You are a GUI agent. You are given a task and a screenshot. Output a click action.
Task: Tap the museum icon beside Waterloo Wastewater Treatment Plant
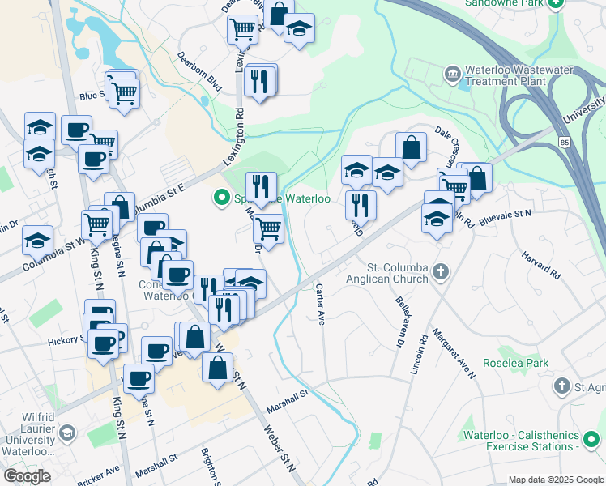point(452,75)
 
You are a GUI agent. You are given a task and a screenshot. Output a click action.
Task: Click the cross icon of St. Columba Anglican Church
point(440,271)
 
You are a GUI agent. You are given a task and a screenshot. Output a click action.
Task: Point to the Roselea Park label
point(514,364)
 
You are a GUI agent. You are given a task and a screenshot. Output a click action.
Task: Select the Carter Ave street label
point(320,305)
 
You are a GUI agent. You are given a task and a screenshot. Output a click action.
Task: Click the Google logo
point(27,475)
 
